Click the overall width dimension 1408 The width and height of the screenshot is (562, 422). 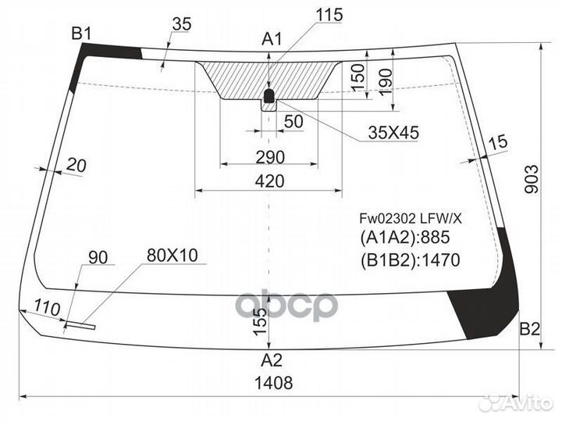pyautogui.click(x=273, y=382)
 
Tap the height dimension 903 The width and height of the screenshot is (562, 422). pyautogui.click(x=532, y=179)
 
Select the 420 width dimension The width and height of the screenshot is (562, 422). pyautogui.click(x=269, y=181)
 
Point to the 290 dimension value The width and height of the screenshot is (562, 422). pyautogui.click(x=270, y=157)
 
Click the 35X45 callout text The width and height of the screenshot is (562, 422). pyautogui.click(x=393, y=133)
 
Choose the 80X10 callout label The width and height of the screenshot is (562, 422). pyautogui.click(x=172, y=256)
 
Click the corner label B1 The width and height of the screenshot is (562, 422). pyautogui.click(x=82, y=34)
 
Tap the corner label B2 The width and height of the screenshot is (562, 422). pyautogui.click(x=529, y=329)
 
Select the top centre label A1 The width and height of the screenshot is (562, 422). pyautogui.click(x=272, y=39)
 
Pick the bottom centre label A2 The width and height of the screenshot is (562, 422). pyautogui.click(x=272, y=360)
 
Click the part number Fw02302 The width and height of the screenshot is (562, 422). pyautogui.click(x=388, y=218)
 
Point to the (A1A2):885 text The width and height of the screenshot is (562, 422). pyautogui.click(x=404, y=238)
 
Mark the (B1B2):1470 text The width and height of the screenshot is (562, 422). pyautogui.click(x=410, y=259)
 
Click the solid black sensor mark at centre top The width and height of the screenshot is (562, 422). pyautogui.click(x=269, y=96)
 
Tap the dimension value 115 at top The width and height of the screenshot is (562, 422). pyautogui.click(x=329, y=15)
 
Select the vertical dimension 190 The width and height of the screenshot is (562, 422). pyautogui.click(x=386, y=81)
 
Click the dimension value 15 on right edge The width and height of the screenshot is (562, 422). pyautogui.click(x=498, y=143)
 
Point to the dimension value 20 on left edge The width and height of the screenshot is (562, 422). pyautogui.click(x=76, y=166)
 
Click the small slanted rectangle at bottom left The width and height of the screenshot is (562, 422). pyautogui.click(x=80, y=325)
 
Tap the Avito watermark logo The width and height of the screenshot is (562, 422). pyautogui.click(x=517, y=402)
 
